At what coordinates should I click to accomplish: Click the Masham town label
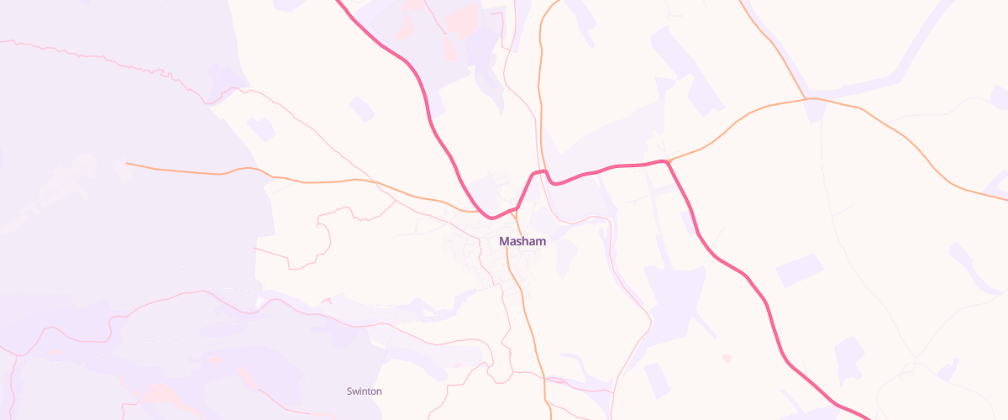522,241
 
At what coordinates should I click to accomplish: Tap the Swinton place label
365,391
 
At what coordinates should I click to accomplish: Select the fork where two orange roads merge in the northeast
806,99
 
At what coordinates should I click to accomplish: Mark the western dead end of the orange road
126,164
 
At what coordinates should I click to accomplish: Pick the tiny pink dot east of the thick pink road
727,359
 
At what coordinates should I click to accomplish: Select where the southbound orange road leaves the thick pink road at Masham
515,208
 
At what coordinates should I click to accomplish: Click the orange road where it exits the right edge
1005,199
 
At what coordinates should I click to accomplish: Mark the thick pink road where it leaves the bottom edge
868,417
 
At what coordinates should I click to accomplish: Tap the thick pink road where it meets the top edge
339,3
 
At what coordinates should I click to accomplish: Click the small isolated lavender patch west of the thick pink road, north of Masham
362,109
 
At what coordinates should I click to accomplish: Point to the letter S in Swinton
349,391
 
